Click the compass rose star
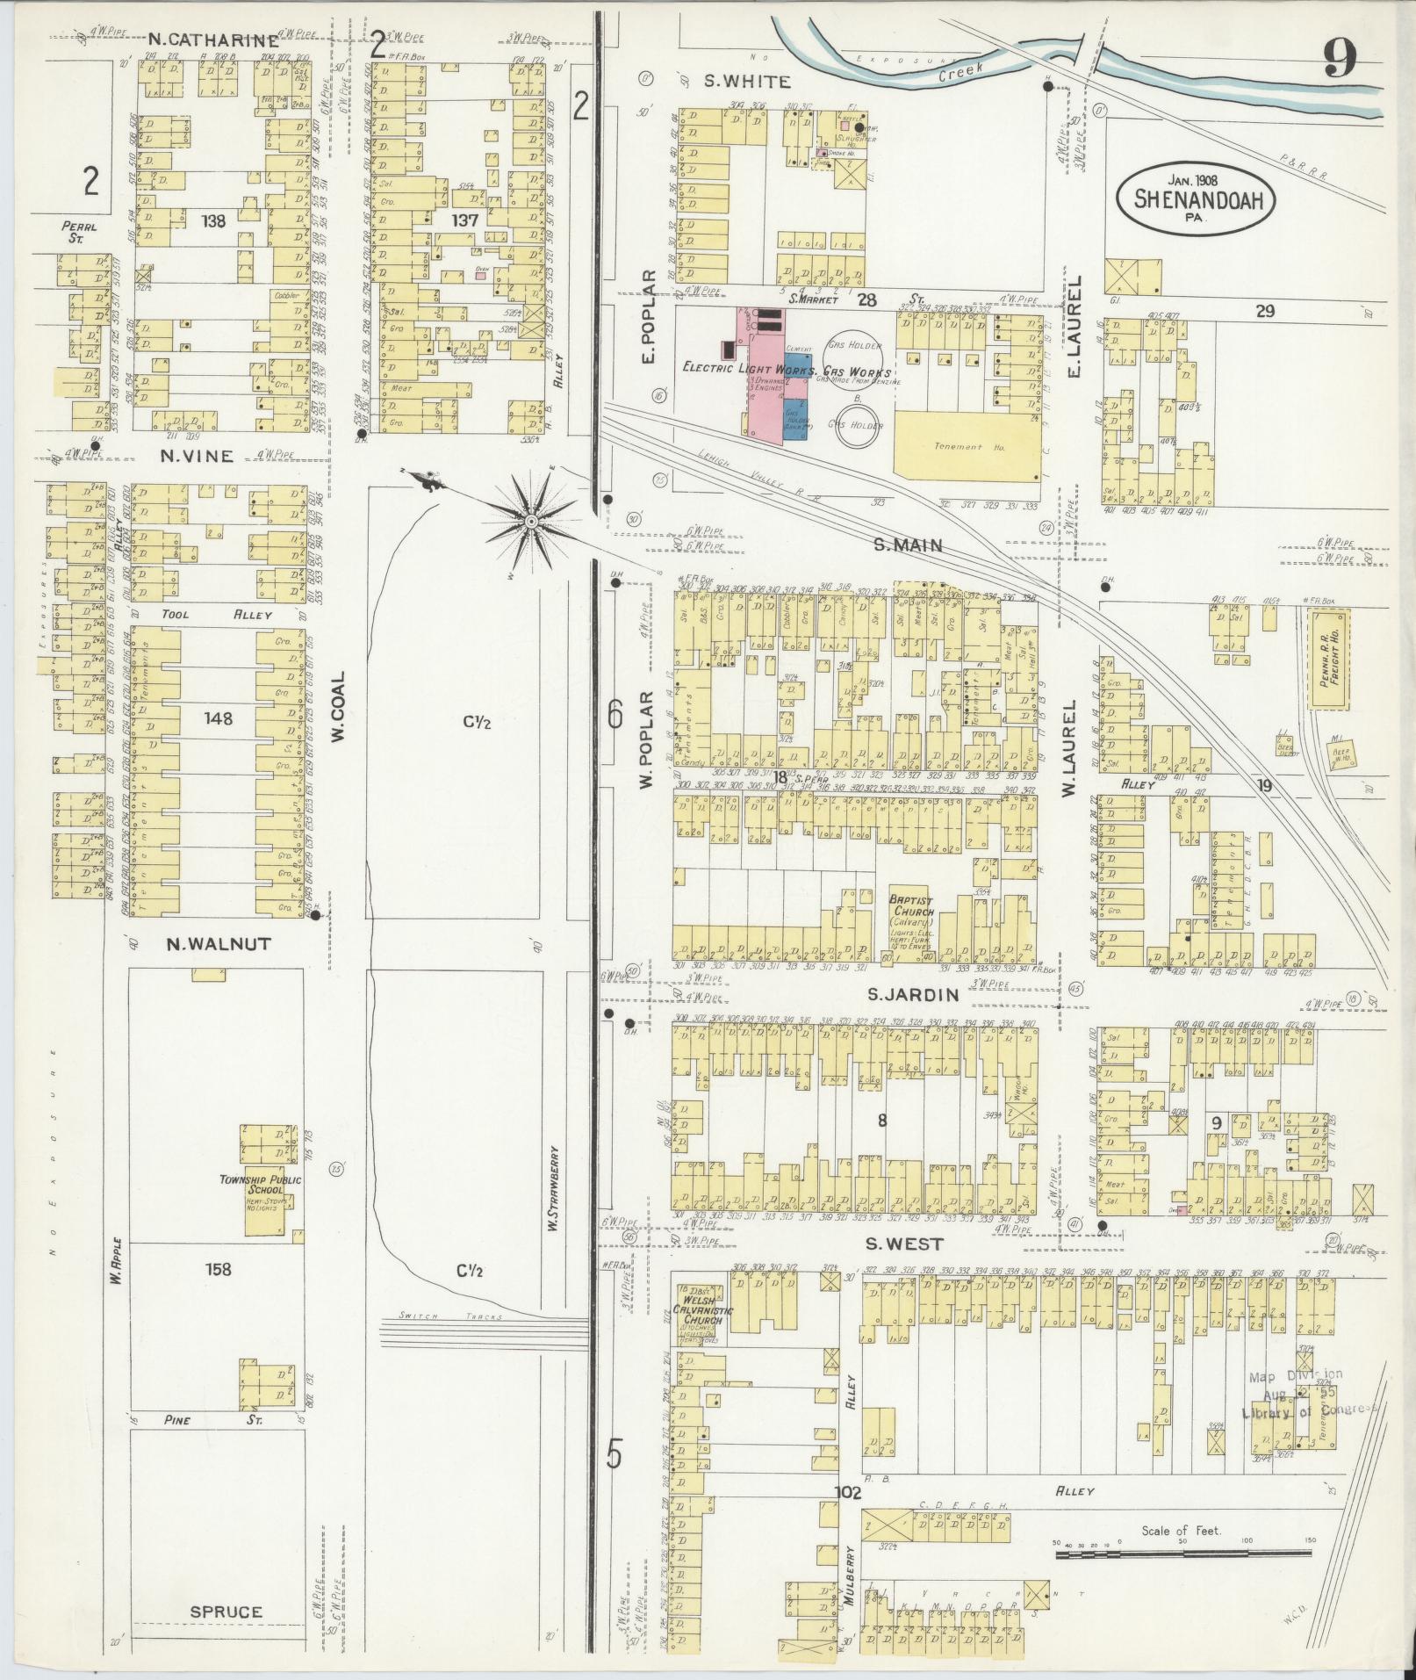[530, 523]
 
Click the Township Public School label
[261, 1185]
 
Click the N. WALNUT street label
[219, 944]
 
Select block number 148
[218, 718]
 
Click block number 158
[218, 1269]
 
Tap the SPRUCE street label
[226, 1612]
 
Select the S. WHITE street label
[747, 82]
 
